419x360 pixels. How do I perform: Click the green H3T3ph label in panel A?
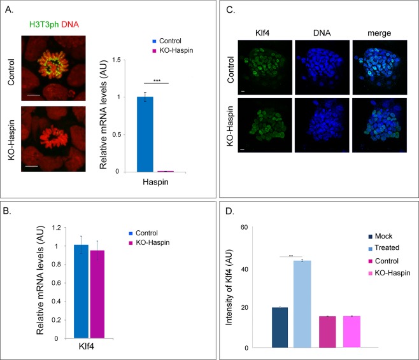pyautogui.click(x=43, y=24)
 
